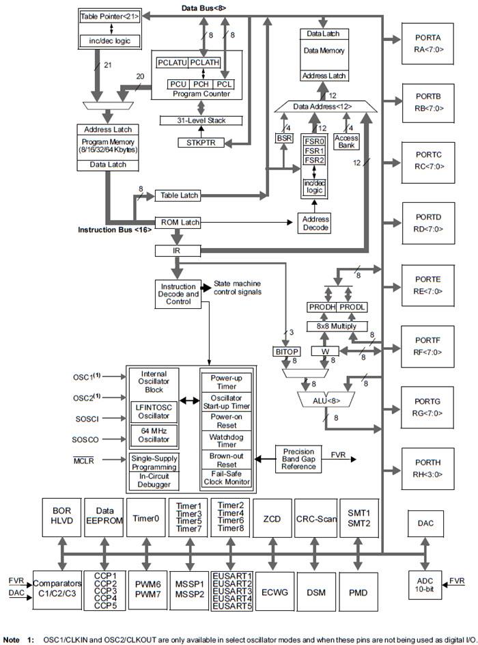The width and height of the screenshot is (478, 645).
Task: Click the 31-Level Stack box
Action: pyautogui.click(x=201, y=120)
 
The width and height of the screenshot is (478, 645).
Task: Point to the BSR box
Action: pyautogui.click(x=283, y=138)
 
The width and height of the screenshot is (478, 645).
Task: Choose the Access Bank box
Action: pyautogui.click(x=346, y=141)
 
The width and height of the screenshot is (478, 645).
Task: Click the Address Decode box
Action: pyautogui.click(x=313, y=223)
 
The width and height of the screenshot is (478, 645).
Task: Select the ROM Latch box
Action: pyautogui.click(x=180, y=222)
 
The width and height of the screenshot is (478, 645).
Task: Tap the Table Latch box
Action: pyautogui.click(x=180, y=195)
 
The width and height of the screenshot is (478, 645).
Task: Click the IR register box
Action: pyautogui.click(x=176, y=251)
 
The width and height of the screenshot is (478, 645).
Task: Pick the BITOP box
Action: pyautogui.click(x=287, y=351)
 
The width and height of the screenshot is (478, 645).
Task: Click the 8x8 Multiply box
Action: pyautogui.click(x=336, y=326)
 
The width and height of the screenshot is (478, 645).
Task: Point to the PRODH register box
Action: pyautogui.click(x=321, y=308)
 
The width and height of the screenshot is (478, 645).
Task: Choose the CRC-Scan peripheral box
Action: pyautogui.click(x=315, y=519)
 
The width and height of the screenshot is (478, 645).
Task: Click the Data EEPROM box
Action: pyautogui.click(x=104, y=519)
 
